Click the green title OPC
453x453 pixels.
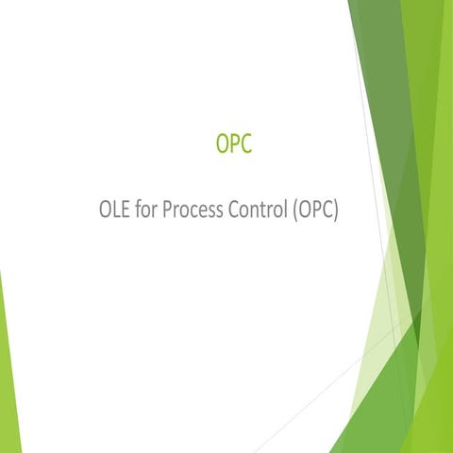coord(233,145)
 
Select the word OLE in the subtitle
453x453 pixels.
coord(115,209)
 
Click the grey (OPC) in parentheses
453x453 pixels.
coord(314,210)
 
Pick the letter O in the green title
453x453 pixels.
coord(222,145)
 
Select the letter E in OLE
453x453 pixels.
coord(127,209)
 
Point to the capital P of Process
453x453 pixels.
coord(168,209)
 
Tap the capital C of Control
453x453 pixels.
coord(236,209)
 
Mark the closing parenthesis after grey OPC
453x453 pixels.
coord(335,210)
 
